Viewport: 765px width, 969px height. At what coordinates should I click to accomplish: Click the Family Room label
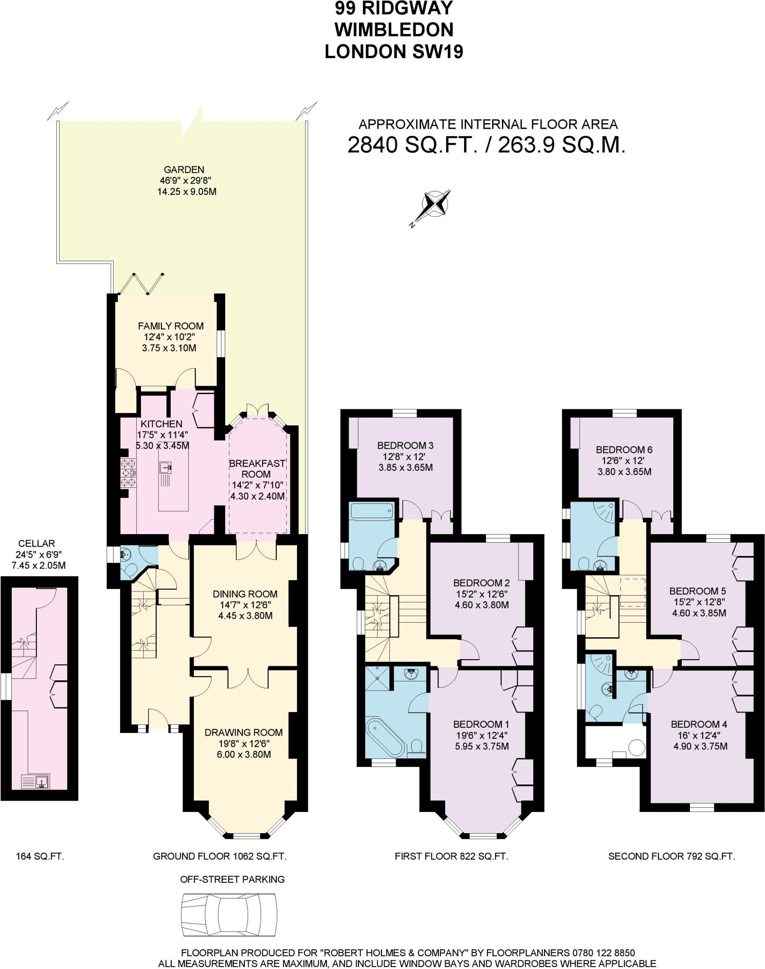(x=171, y=326)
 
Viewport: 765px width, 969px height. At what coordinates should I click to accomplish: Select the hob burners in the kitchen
(x=128, y=472)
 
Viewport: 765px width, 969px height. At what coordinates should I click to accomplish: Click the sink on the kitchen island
(x=167, y=467)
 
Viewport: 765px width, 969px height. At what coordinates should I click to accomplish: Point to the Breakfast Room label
(x=257, y=468)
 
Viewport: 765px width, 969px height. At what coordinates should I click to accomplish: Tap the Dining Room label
(x=245, y=594)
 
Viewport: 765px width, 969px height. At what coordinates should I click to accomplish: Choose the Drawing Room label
(x=244, y=733)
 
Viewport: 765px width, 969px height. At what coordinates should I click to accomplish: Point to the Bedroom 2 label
(x=481, y=583)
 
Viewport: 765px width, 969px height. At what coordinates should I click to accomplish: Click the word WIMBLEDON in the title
(x=394, y=30)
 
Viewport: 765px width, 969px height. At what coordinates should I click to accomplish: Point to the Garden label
(x=184, y=169)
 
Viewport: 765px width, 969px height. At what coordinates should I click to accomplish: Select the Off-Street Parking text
(x=232, y=880)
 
